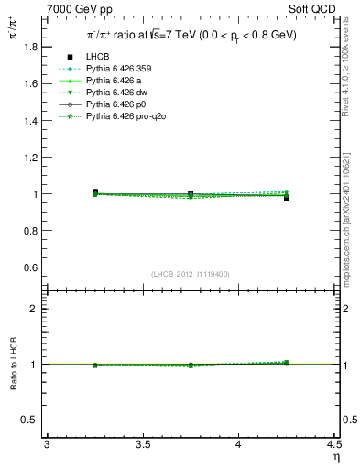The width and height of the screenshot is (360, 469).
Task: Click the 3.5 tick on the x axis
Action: (x=143, y=444)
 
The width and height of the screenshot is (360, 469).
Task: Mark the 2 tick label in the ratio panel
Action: (x=37, y=309)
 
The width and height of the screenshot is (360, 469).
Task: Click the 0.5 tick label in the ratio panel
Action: (x=32, y=420)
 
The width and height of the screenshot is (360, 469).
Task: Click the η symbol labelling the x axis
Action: (x=336, y=456)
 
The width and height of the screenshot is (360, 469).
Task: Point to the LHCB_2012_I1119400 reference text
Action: (x=191, y=274)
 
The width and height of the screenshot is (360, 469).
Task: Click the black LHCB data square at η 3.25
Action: (x=95, y=192)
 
